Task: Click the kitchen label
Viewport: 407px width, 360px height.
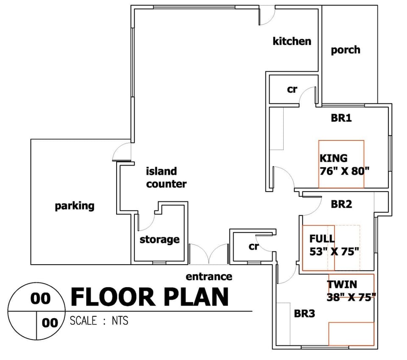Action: [292, 41]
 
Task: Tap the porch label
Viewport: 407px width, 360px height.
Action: [346, 50]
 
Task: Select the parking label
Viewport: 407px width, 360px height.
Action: [75, 206]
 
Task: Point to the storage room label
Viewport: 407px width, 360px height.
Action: [159, 240]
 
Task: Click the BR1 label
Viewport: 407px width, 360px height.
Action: [341, 118]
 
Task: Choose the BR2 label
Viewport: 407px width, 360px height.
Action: [341, 204]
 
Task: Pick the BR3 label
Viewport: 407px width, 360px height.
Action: [304, 313]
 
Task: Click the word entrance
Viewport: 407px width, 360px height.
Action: [209, 277]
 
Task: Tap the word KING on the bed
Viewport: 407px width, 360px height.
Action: [334, 158]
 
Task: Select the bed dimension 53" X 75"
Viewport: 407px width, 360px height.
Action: [335, 251]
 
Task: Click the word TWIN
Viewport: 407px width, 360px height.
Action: [342, 285]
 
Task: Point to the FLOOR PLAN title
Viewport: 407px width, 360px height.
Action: [150, 297]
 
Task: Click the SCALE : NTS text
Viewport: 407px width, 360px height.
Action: [99, 321]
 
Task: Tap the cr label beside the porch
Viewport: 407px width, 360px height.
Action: [292, 89]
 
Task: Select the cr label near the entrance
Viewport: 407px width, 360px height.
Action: [254, 246]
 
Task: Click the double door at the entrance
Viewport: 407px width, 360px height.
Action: [209, 254]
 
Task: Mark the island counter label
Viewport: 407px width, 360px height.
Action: [166, 178]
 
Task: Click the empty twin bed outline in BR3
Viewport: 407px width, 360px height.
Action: [351, 334]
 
